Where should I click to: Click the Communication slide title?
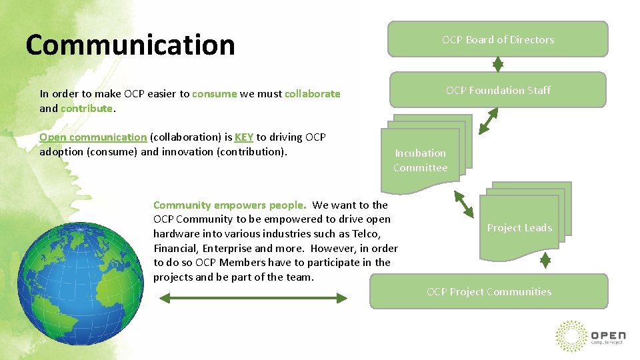pos(130,45)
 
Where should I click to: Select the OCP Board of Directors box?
pos(497,39)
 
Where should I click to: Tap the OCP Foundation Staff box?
pos(497,90)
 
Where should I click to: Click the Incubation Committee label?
pos(420,160)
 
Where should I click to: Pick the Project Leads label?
pos(519,227)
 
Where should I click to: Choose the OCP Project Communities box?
pos(489,291)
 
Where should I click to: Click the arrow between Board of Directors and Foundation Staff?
pos(497,64)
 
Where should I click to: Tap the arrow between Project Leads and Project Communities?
pos(545,259)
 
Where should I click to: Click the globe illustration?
pos(80,276)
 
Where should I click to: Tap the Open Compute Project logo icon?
pos(571,335)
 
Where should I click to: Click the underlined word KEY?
pos(244,137)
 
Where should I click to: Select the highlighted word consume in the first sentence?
pos(214,94)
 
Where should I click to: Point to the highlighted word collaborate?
pos(312,94)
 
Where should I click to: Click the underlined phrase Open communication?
pos(93,137)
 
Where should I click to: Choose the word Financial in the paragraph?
pos(174,248)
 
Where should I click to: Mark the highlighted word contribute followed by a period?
pos(86,108)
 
